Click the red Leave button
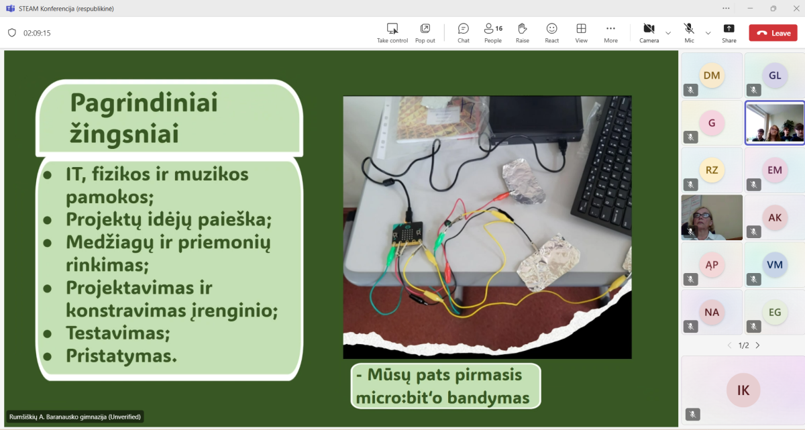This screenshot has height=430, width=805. [773, 33]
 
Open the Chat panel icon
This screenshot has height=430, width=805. [464, 29]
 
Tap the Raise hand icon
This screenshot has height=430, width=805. [522, 29]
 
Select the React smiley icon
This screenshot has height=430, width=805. [551, 29]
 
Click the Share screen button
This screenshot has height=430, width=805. [729, 29]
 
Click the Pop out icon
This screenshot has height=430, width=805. [425, 29]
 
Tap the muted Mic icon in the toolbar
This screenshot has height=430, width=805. [689, 29]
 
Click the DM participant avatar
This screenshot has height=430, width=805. [712, 75]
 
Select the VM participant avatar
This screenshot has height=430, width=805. [774, 265]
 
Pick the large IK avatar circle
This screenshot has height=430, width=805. [743, 390]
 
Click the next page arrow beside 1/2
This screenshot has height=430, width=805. [757, 345]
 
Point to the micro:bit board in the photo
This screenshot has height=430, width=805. [407, 234]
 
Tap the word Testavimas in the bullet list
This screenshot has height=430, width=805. [117, 333]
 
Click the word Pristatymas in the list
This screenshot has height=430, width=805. [121, 356]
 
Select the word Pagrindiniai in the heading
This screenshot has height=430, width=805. [144, 104]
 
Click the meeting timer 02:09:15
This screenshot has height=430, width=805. [37, 33]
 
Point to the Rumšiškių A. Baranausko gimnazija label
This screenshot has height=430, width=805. [74, 417]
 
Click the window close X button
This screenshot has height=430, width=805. [796, 8]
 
